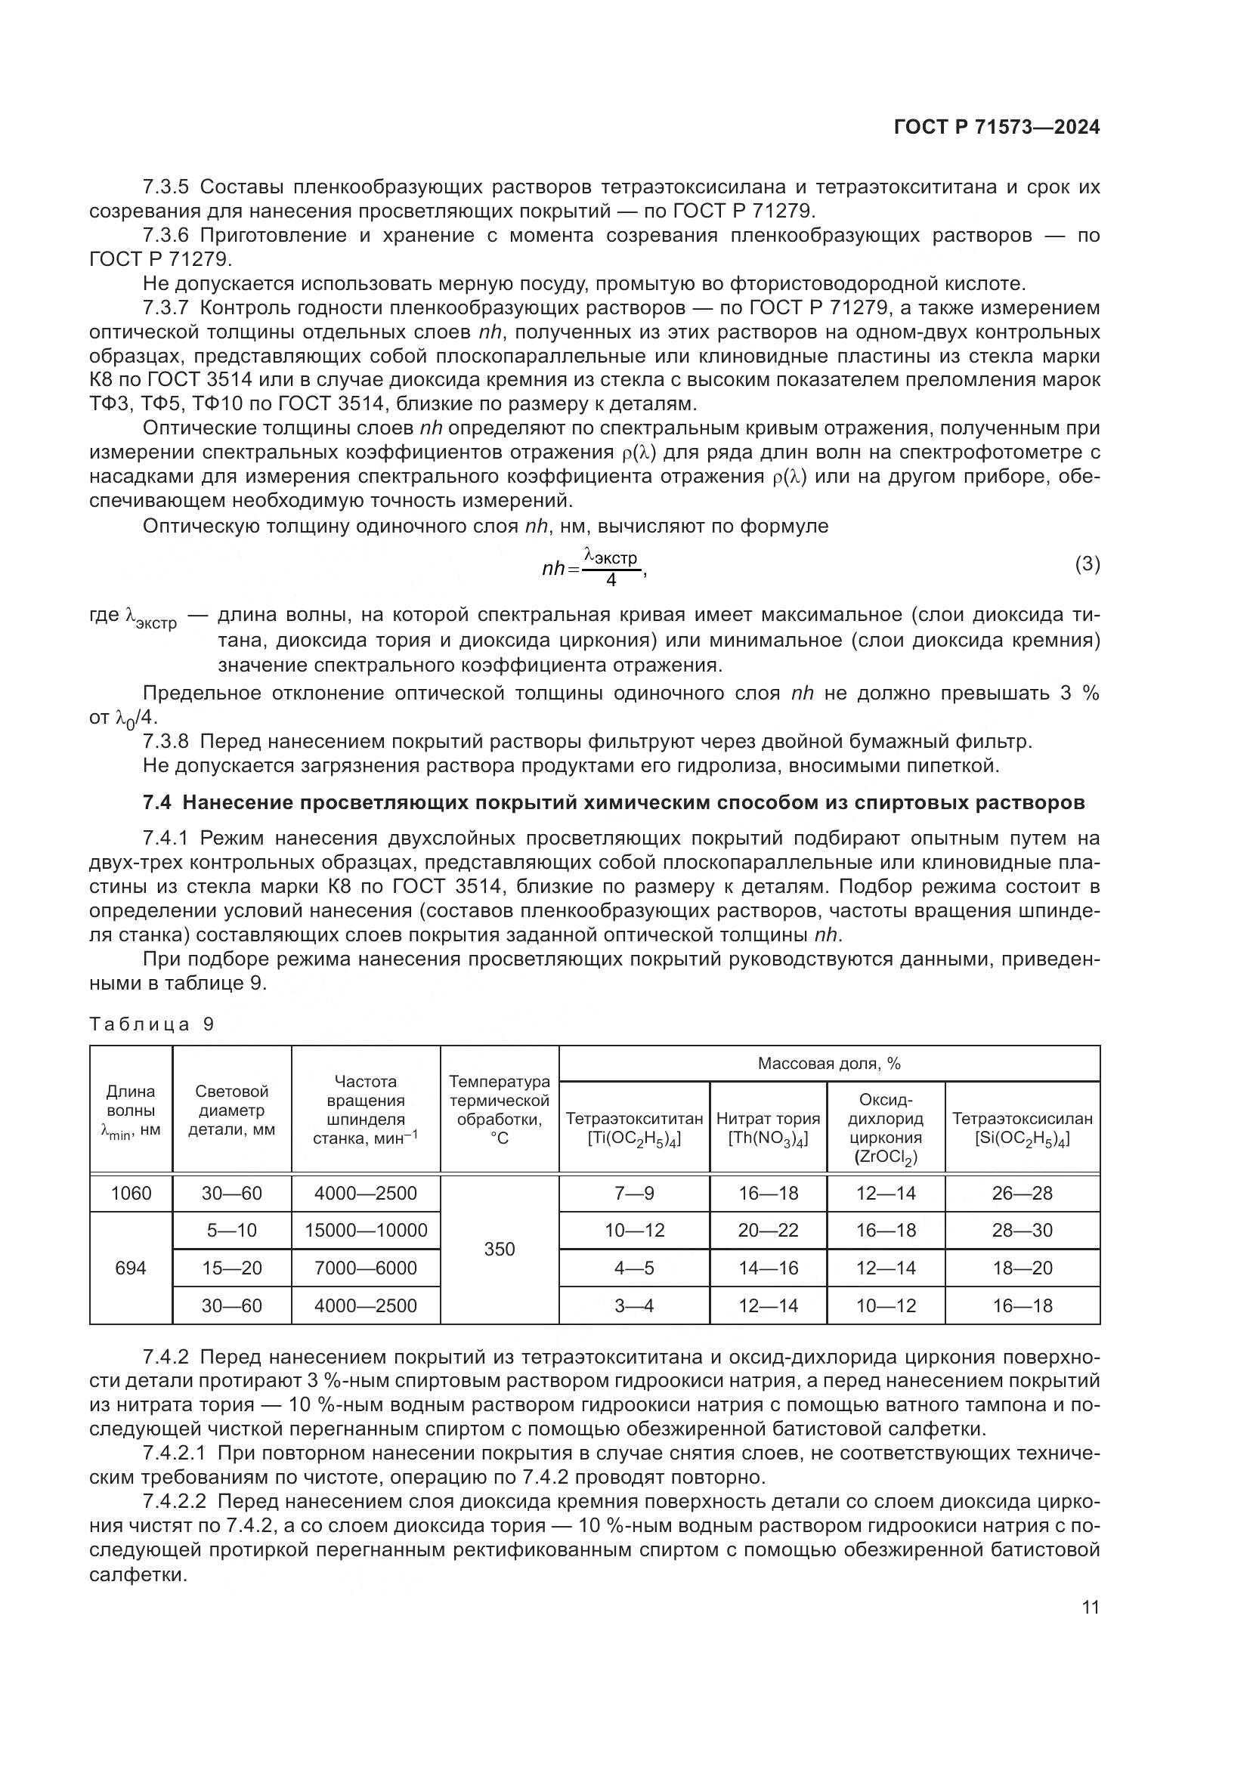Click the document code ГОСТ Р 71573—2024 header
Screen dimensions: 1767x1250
coord(997,128)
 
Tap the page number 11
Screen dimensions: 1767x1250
coord(1090,1608)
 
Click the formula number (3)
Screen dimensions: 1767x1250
coord(1087,564)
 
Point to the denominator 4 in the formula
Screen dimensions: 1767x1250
coord(611,579)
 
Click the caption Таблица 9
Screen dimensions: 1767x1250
coord(152,1024)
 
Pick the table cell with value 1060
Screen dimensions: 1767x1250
coord(131,1194)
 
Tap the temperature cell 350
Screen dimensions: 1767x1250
coord(500,1249)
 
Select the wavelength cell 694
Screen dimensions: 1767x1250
coord(131,1268)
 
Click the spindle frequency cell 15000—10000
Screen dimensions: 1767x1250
coord(366,1231)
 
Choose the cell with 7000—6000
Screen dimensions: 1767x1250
coord(366,1268)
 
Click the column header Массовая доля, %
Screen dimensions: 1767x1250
coord(829,1064)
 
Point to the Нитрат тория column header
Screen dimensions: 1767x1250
coord(768,1128)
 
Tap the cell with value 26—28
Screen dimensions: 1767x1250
coord(1023,1194)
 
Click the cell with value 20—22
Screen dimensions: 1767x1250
coord(768,1231)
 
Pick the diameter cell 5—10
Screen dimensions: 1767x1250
coord(232,1231)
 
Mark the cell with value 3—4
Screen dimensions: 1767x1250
coord(634,1305)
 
